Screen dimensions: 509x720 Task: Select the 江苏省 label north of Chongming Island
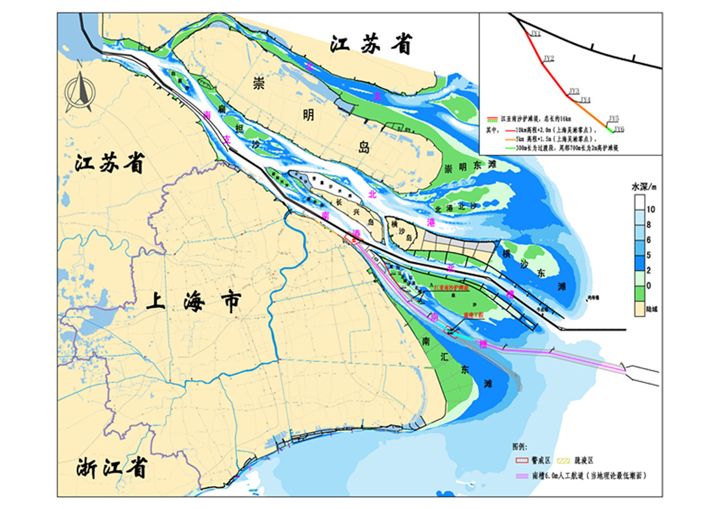coord(372,45)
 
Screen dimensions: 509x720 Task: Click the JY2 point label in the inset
coord(548,59)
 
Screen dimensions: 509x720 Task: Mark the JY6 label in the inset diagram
coord(619,129)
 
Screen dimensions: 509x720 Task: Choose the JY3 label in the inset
coord(574,91)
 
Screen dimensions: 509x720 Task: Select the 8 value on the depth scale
coord(650,225)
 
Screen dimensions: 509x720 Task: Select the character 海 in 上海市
coord(192,303)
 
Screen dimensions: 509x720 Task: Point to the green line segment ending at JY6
coord(610,129)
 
